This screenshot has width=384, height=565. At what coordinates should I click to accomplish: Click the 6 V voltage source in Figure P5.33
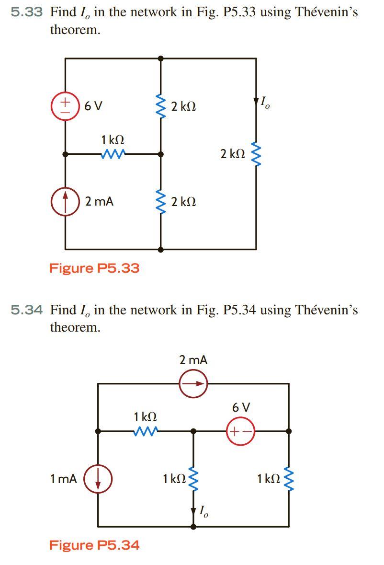point(65,106)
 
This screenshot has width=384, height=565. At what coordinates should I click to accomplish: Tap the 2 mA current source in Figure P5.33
point(65,202)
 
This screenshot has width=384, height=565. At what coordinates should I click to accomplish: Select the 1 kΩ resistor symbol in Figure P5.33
point(113,154)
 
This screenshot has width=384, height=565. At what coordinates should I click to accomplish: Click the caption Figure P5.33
point(94,268)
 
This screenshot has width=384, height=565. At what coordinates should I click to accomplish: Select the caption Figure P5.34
point(94,545)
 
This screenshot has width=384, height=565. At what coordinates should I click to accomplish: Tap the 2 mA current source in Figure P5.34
point(193,383)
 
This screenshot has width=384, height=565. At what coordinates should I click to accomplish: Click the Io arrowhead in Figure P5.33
point(256,103)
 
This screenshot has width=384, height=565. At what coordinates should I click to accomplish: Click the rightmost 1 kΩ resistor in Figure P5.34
point(289,478)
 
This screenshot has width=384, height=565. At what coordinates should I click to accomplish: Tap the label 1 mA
point(63,479)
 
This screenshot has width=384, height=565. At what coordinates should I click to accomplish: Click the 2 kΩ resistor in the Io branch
point(256,154)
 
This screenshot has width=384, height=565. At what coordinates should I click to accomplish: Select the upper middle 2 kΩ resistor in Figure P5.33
point(160,106)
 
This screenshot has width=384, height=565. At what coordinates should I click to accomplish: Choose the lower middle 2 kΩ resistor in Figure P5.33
point(160,202)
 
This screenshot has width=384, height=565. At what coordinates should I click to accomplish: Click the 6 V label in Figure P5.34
point(241,408)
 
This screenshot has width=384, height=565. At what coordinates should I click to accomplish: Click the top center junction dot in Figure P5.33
point(160,58)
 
